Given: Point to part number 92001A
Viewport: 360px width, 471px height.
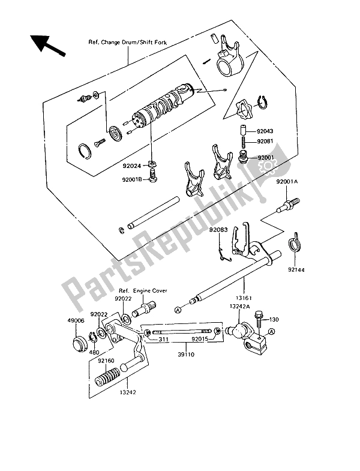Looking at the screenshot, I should (289, 181).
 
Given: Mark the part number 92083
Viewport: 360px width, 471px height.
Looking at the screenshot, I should (220, 230).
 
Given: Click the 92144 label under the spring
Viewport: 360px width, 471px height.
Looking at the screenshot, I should (297, 270).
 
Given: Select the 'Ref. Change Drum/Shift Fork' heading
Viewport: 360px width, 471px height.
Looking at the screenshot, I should (128, 43).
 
